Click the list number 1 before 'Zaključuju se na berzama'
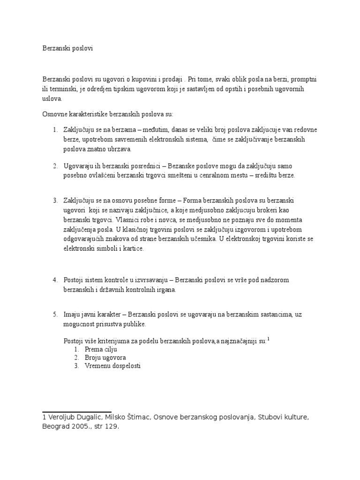point(54,129)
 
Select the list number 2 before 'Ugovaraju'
point(54,166)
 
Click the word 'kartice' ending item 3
point(134,249)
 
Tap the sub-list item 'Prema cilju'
point(101,349)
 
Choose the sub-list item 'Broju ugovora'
point(105,358)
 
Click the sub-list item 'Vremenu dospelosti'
point(113,366)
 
